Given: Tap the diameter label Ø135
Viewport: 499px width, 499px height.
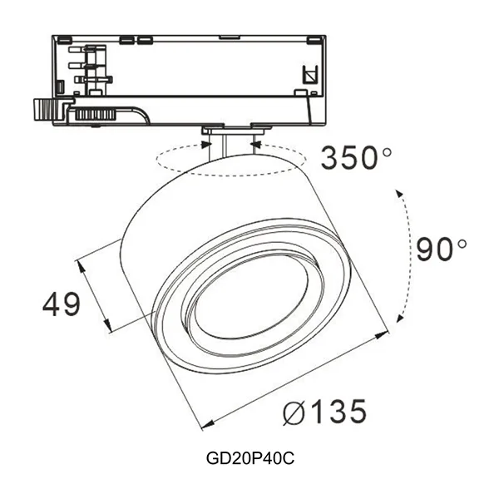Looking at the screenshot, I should pyautogui.click(x=324, y=411).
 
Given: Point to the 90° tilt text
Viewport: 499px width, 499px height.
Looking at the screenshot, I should pyautogui.click(x=442, y=249).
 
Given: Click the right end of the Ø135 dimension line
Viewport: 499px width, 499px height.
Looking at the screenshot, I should pyautogui.click(x=388, y=333).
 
